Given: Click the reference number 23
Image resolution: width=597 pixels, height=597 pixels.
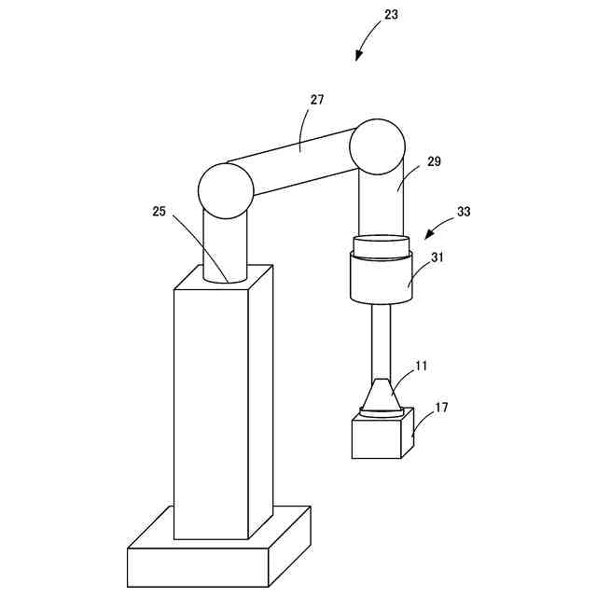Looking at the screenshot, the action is (391, 15).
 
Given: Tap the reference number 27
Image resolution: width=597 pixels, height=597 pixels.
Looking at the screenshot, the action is (317, 100).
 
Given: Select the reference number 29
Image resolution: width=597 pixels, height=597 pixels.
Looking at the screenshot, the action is (434, 161).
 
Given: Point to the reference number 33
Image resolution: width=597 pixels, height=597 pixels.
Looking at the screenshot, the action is (464, 212).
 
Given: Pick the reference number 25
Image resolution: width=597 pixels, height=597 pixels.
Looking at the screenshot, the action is (159, 212).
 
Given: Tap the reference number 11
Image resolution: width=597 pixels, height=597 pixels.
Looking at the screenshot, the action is (422, 366).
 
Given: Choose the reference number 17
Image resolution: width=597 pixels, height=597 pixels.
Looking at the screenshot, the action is (441, 407).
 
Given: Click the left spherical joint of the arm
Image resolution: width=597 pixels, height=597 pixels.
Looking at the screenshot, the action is (226, 189).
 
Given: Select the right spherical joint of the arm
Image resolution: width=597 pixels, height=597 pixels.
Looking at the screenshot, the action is (377, 146).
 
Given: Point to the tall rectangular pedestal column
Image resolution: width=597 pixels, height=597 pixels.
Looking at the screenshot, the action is (211, 410).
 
